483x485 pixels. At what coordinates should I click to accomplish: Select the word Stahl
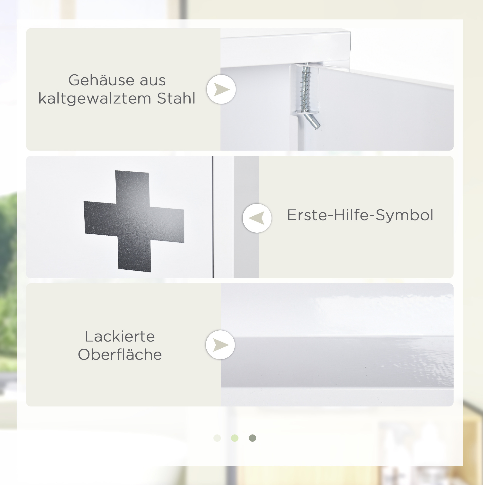(x=176, y=98)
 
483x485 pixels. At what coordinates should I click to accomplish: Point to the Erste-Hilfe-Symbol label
(x=360, y=215)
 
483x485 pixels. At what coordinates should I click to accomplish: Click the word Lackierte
(x=120, y=336)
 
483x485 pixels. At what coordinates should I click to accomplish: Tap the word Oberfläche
(x=120, y=354)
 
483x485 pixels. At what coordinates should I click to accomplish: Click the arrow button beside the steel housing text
(x=221, y=89)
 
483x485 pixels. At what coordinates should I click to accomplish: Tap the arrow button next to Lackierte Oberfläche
(x=220, y=345)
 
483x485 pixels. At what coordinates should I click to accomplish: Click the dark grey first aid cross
(x=134, y=221)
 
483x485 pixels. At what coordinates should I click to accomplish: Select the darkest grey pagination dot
(x=252, y=438)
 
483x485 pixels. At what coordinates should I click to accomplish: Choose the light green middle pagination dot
(x=235, y=438)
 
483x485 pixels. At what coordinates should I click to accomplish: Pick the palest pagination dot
(x=217, y=438)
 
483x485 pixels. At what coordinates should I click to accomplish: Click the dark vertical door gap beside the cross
(x=213, y=217)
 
